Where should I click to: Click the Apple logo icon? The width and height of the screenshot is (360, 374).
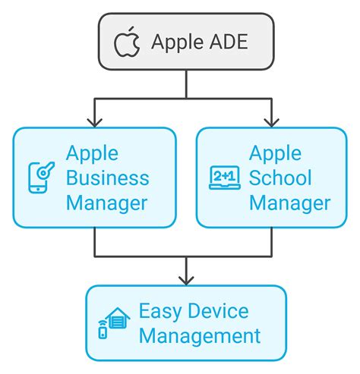128,42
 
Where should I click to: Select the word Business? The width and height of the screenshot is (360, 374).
108,178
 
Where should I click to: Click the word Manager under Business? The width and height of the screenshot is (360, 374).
106,203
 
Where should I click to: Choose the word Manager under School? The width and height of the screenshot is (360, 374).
290,203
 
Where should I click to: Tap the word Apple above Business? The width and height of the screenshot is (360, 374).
92,153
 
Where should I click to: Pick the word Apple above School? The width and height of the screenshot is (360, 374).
275,153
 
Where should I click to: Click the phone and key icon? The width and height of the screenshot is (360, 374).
40,177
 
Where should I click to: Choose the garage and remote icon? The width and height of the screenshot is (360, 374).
112,322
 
